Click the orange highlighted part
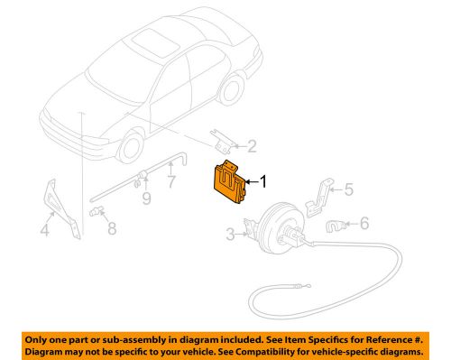229,183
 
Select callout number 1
262,181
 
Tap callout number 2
252,146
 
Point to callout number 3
230,235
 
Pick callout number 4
44,230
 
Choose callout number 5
349,189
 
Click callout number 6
364,224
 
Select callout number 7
171,181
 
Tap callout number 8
112,228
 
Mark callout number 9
146,198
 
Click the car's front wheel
131,147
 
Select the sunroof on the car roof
156,42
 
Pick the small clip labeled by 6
335,226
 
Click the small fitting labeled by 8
97,211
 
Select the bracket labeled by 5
319,198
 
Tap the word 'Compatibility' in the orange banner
262,352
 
